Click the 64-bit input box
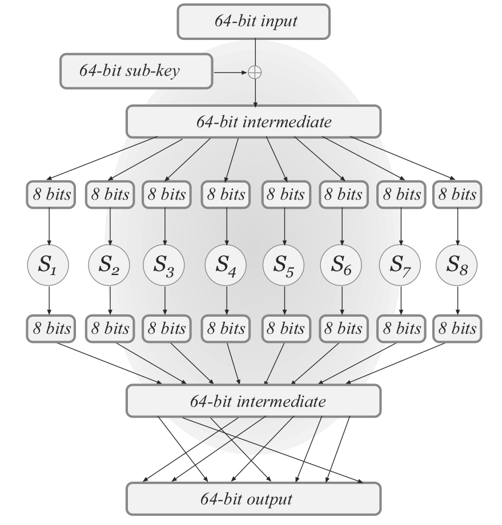pyautogui.click(x=254, y=22)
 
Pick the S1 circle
pyautogui.click(x=49, y=266)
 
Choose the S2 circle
pyautogui.click(x=109, y=266)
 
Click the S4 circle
pyautogui.click(x=227, y=266)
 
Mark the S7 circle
pyautogui.click(x=400, y=266)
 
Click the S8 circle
pyautogui.click(x=456, y=266)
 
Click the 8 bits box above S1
pyautogui.click(x=50, y=195)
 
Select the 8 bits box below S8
pyautogui.click(x=456, y=329)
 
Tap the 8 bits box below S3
pyautogui.click(x=165, y=329)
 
